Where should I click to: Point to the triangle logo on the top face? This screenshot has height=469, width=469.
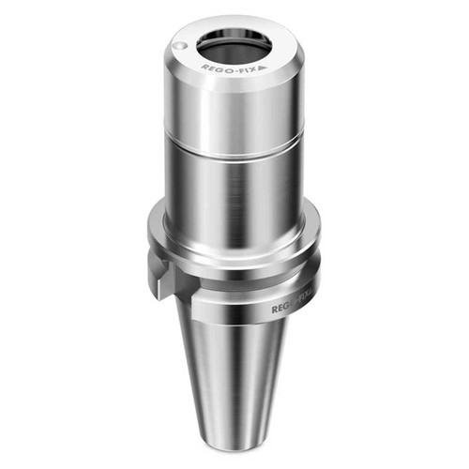click(265, 69)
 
